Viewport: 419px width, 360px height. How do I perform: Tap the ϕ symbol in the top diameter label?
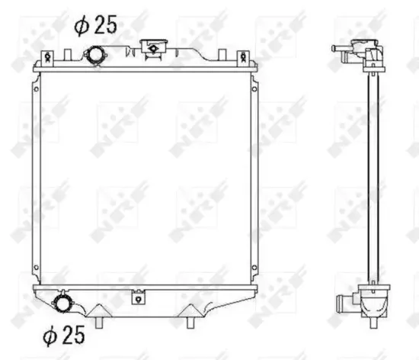pos(82,27)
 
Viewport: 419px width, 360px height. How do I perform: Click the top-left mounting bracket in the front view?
pos(47,58)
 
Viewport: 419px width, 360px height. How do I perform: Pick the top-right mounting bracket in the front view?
pos(242,58)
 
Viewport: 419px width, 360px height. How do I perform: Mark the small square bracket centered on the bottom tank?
pos(138,297)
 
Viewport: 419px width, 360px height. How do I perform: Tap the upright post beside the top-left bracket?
pos(67,55)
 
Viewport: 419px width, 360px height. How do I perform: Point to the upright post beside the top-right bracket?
pos(222,55)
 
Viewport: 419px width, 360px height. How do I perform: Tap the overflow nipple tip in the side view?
pos(335,49)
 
